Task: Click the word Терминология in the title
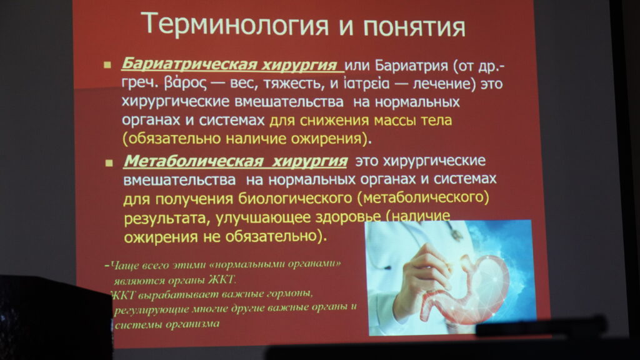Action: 236,25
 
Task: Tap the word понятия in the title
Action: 414,27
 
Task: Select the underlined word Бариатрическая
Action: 189,64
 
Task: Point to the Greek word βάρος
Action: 185,84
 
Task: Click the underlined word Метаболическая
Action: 194,161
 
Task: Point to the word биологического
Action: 295,198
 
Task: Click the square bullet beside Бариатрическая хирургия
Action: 107,64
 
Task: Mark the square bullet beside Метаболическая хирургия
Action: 109,163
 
